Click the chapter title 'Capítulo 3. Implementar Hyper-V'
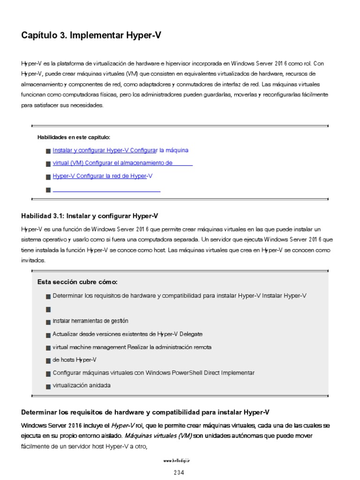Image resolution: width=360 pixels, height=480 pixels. [x=91, y=35]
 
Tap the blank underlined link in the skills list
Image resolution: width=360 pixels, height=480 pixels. [x=106, y=190]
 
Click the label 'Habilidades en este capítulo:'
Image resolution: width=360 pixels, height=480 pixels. [x=74, y=137]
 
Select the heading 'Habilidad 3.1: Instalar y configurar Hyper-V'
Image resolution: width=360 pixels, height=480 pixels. [x=90, y=216]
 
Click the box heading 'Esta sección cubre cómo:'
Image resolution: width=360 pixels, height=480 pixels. [x=77, y=282]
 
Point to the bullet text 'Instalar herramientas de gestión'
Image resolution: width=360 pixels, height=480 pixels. [x=90, y=321]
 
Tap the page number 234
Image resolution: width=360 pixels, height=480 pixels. [x=180, y=472]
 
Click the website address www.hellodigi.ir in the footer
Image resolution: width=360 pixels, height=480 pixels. [x=180, y=461]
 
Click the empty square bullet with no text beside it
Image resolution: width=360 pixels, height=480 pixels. [x=48, y=309]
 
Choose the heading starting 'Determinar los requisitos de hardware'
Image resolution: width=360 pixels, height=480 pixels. [x=145, y=412]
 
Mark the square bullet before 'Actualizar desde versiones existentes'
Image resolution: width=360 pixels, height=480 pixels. [x=48, y=335]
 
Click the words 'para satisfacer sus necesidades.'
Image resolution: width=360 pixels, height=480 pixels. [x=61, y=105]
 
